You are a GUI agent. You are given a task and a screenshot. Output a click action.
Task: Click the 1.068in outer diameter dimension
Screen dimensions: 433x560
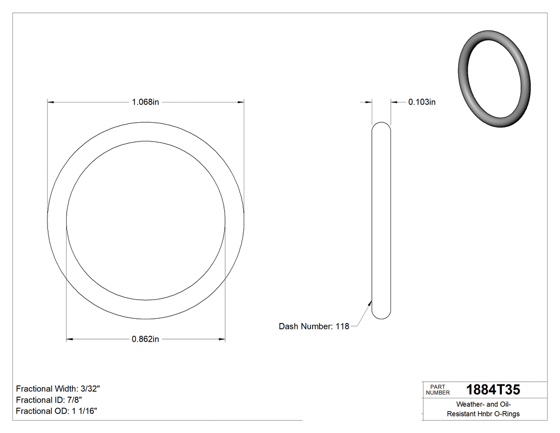(146, 102)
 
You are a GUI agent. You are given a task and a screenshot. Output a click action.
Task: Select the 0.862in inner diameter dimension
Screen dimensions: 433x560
(146, 339)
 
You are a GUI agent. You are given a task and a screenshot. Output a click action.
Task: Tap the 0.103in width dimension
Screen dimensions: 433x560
(422, 102)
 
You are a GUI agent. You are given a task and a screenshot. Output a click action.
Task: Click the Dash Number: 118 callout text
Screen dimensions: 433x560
(314, 326)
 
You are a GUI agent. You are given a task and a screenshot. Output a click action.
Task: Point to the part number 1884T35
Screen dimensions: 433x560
(493, 390)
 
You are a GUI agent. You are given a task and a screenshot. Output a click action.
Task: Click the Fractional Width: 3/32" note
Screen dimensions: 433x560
(58, 389)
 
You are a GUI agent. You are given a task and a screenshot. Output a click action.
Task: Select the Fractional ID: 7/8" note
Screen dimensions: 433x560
(49, 400)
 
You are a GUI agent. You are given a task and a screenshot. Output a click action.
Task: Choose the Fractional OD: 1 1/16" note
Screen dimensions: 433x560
(56, 411)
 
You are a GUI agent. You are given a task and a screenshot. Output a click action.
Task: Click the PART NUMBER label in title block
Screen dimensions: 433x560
(437, 390)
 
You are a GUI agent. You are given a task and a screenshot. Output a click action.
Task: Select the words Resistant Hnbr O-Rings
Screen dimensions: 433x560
(483, 414)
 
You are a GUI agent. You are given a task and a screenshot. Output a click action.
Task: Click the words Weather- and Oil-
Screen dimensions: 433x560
(483, 405)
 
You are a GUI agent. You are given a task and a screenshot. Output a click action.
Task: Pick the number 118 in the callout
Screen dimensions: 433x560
(342, 326)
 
